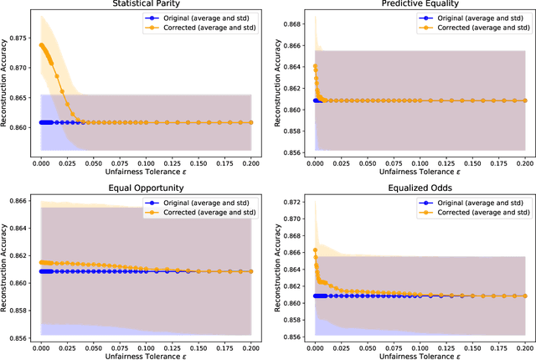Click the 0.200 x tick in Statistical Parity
tap(251, 160)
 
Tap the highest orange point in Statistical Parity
tap(42, 45)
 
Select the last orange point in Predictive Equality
tap(524, 100)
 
